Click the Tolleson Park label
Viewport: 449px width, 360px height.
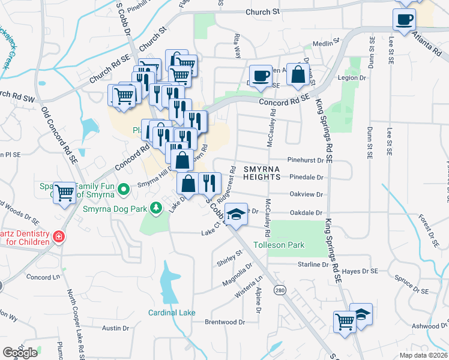tap(279, 245)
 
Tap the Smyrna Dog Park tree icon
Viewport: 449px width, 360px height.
tap(156, 208)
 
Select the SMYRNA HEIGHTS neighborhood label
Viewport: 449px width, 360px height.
tap(262, 173)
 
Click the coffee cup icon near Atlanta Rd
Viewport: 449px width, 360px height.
tap(404, 19)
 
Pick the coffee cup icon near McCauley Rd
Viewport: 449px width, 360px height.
tap(260, 76)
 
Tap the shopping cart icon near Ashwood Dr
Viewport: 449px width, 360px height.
tap(345, 320)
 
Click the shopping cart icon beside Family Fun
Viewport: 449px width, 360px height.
tap(64, 193)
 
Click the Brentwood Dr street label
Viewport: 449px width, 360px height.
tap(225, 322)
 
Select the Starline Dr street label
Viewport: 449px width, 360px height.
tap(313, 264)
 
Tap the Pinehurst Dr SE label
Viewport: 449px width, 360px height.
tap(310, 160)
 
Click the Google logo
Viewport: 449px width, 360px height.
tap(20, 353)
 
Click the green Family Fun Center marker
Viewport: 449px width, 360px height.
tap(124, 190)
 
